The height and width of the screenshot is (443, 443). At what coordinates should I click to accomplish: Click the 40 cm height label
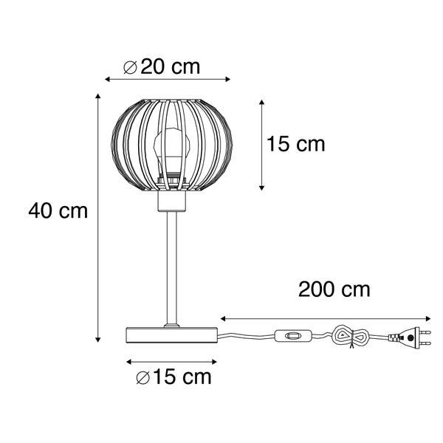tap(58, 212)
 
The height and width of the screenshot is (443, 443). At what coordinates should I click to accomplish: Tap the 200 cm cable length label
tap(334, 289)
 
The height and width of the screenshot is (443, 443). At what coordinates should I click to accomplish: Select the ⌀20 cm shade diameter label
tap(162, 67)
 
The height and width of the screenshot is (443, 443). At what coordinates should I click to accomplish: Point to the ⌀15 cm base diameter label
tap(174, 378)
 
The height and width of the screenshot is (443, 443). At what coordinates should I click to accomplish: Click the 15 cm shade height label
tap(295, 145)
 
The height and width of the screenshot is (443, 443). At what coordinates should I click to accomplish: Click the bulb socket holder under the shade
tap(171, 201)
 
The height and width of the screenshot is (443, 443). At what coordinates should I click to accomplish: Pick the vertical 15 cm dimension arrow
tap(261, 145)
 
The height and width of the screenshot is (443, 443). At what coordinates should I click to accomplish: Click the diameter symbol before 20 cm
tap(130, 67)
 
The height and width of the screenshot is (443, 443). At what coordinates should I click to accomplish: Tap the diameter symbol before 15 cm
tap(143, 379)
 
